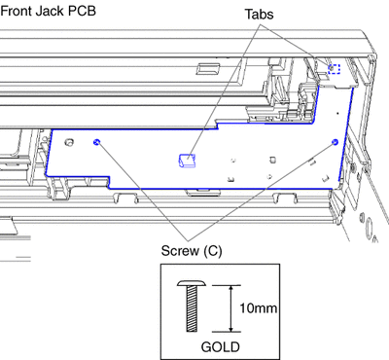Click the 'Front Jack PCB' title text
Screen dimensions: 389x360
[x=49, y=11]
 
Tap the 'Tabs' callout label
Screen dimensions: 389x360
[x=259, y=14]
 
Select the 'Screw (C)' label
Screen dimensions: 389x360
[x=192, y=251]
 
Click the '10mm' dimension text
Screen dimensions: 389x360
[x=259, y=307]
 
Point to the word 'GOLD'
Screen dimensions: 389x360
[x=221, y=346]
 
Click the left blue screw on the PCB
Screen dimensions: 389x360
[x=96, y=142]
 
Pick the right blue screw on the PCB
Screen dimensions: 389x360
[x=336, y=142]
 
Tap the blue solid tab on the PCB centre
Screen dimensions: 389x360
[x=188, y=161]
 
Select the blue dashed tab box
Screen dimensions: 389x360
[x=334, y=69]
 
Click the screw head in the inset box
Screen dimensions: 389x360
[x=192, y=283]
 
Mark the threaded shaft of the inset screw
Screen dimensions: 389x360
[x=192, y=309]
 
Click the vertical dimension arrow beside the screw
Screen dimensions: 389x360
[x=230, y=308]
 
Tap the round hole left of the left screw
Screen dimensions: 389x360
[x=69, y=142]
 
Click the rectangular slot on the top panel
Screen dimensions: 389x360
[x=208, y=68]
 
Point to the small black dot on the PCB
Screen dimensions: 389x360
[x=337, y=113]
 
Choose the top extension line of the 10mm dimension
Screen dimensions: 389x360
[x=227, y=285]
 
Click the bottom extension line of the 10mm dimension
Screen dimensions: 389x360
[x=227, y=332]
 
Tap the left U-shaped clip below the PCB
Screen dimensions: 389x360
[x=125, y=198]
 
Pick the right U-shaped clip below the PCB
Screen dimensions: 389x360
[x=285, y=198]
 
